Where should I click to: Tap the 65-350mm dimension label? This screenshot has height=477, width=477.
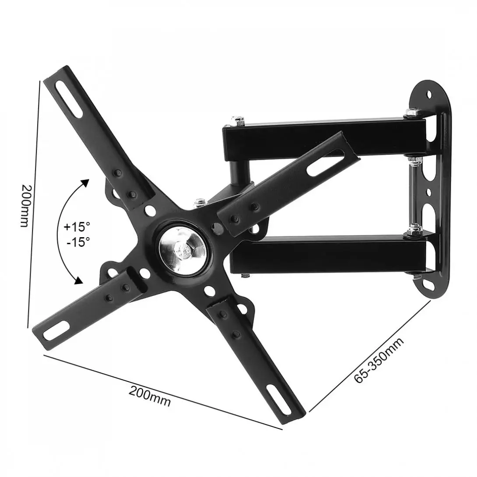[x=379, y=361]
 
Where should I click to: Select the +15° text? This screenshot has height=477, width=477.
[x=77, y=227]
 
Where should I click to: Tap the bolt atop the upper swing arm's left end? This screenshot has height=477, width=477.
[x=238, y=119]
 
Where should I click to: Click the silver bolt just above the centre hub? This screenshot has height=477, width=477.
[x=200, y=202]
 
